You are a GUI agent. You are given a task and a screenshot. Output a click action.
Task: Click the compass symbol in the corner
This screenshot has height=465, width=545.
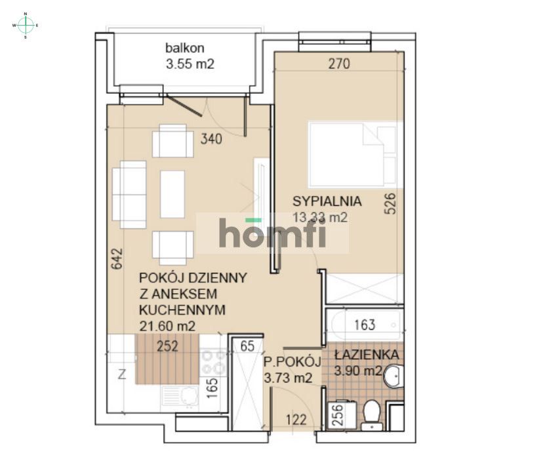pyautogui.click(x=26, y=25)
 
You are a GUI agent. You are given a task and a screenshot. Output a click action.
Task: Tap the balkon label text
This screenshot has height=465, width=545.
pyautogui.click(x=185, y=48)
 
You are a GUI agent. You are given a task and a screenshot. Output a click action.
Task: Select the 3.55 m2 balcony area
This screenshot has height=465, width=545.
pyautogui.click(x=190, y=64)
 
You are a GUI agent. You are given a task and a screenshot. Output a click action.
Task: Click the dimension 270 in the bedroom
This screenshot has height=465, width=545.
pyautogui.click(x=340, y=64)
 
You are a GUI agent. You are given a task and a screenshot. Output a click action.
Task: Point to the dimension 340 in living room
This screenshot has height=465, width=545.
pyautogui.click(x=211, y=139)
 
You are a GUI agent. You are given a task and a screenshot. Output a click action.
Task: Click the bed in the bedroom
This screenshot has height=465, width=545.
pyautogui.click(x=353, y=154)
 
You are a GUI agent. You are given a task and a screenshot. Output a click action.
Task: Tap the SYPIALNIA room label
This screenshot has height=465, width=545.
pyautogui.click(x=327, y=201)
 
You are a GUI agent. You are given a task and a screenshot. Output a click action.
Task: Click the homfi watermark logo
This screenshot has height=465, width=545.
pyautogui.click(x=272, y=233)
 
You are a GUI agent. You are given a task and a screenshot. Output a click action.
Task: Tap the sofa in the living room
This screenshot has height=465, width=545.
pyautogui.click(x=129, y=195)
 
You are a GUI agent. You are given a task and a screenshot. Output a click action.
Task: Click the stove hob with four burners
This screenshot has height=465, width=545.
pyautogui.click(x=213, y=363)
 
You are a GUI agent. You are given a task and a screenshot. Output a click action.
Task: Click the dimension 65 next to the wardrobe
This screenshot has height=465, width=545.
pyautogui.click(x=247, y=347)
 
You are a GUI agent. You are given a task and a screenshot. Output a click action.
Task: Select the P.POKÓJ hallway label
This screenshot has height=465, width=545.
pyautogui.click(x=292, y=361)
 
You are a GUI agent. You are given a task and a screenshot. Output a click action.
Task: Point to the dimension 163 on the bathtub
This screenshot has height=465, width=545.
pyautogui.click(x=364, y=325)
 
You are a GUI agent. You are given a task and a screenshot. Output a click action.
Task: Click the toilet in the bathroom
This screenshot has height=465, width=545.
pyautogui.click(x=371, y=413)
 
